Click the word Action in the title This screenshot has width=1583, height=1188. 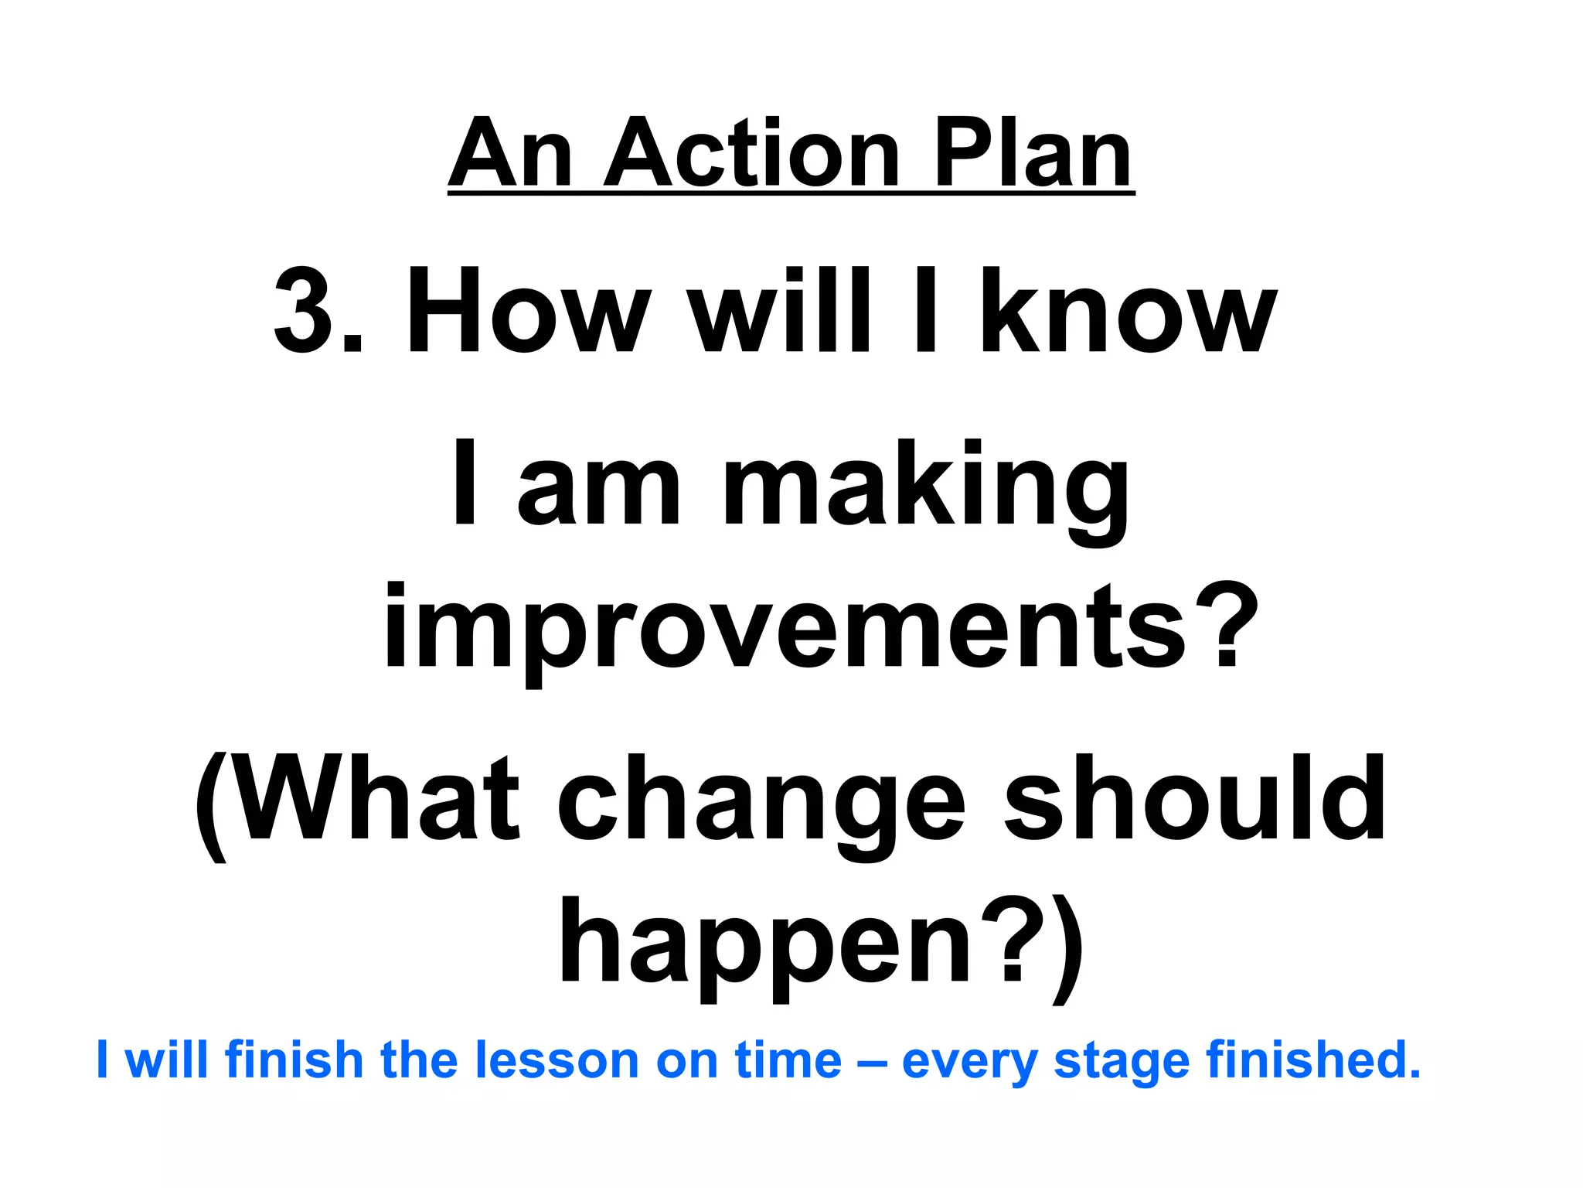(751, 155)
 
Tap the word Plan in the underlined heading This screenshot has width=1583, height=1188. (1033, 155)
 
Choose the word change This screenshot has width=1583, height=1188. (761, 804)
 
